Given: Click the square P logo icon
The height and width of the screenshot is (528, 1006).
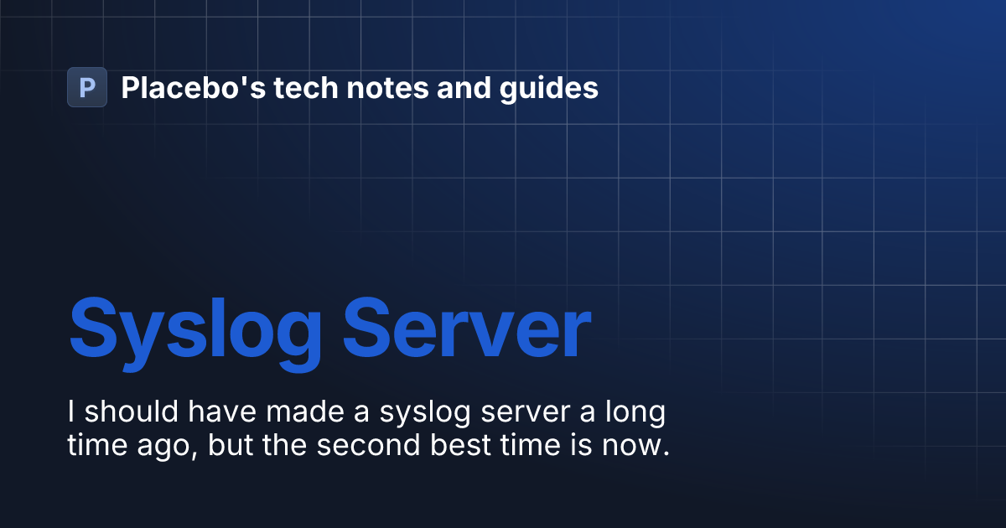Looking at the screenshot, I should pyautogui.click(x=87, y=87).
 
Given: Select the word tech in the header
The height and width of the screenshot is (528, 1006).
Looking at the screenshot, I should pyautogui.click(x=298, y=87).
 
